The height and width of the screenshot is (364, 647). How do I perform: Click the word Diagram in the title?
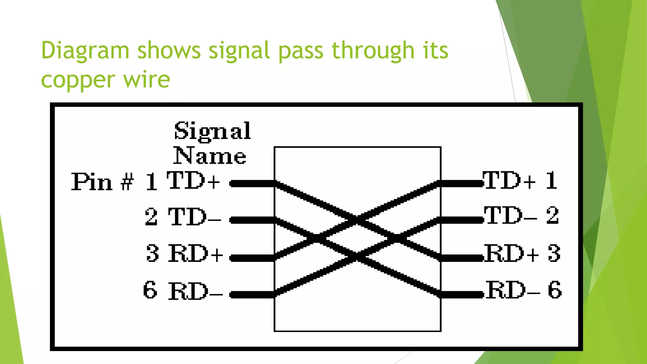click(x=85, y=51)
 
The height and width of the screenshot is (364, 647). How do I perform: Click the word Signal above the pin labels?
click(x=212, y=131)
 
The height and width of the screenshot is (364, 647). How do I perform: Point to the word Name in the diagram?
click(x=209, y=155)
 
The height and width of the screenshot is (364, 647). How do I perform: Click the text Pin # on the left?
click(x=102, y=182)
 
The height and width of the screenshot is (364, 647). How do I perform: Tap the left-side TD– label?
click(x=194, y=217)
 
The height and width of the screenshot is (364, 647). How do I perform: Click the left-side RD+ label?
click(x=196, y=253)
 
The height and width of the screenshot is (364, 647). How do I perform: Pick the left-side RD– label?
click(x=195, y=291)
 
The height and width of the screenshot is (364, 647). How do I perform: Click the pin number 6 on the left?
click(x=150, y=290)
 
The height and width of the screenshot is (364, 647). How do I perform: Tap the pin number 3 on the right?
click(x=554, y=253)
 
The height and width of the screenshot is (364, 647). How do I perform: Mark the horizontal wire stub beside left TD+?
click(x=252, y=183)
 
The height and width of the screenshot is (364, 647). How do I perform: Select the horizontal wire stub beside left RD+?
click(x=252, y=258)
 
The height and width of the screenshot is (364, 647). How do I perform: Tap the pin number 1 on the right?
click(x=551, y=181)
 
